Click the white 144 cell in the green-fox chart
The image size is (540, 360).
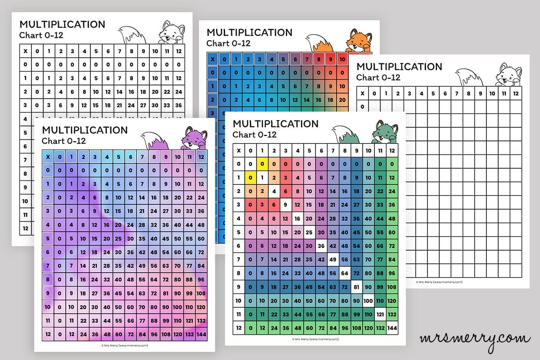[x=392, y=328]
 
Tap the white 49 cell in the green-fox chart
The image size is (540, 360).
[x=333, y=259]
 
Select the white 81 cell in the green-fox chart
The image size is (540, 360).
[x=356, y=287]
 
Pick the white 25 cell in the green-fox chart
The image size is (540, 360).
[x=309, y=233]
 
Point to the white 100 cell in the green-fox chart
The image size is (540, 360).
[x=368, y=300]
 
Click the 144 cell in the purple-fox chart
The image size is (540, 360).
[x=201, y=334]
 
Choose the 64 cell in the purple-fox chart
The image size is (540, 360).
[x=154, y=279]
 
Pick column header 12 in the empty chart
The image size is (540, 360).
[x=516, y=94]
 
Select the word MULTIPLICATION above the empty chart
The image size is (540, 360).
[x=399, y=67]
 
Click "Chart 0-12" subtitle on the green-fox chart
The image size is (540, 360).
[x=254, y=134]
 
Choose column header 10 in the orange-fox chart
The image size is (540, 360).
[x=342, y=59]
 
